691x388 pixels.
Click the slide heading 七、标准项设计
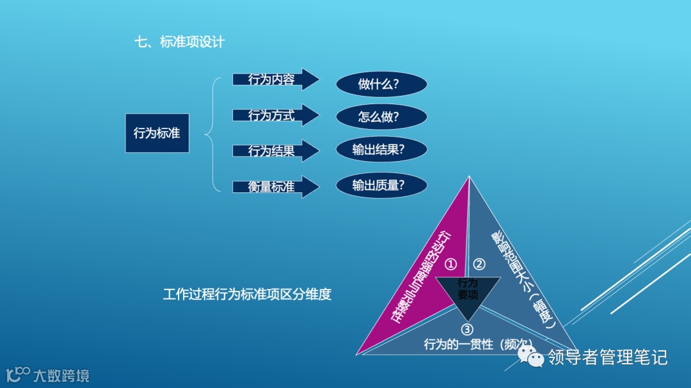(x=179, y=43)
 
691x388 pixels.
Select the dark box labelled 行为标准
(x=157, y=133)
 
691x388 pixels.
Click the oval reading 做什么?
(x=381, y=84)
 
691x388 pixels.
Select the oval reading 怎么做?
(x=381, y=117)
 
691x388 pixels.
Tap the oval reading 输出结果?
(x=381, y=150)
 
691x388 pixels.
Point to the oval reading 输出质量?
(x=381, y=185)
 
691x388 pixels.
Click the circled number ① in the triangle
(x=451, y=264)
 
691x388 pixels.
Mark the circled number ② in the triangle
(x=479, y=264)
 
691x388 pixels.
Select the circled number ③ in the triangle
(x=467, y=329)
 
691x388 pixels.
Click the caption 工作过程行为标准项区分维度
(x=247, y=295)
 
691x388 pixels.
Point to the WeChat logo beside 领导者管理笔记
(x=530, y=357)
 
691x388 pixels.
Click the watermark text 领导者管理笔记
(x=607, y=357)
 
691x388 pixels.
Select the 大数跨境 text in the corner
(x=61, y=375)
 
